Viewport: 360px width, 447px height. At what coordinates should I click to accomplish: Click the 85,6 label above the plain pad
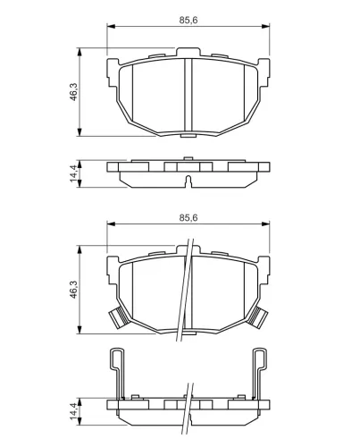click(188, 21)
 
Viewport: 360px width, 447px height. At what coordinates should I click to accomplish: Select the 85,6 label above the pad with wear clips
click(188, 218)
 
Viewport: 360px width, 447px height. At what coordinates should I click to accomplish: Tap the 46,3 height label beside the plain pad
click(73, 92)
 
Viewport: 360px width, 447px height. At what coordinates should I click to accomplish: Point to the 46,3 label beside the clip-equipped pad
click(73, 290)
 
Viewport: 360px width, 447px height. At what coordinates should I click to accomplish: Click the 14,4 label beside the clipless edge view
click(73, 173)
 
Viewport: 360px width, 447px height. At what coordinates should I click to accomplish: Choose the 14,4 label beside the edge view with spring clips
click(73, 411)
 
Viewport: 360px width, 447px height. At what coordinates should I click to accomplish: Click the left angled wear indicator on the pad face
click(119, 317)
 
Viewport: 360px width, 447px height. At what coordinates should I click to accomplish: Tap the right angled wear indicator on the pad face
click(257, 317)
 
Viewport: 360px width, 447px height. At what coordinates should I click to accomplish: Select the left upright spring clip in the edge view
click(118, 373)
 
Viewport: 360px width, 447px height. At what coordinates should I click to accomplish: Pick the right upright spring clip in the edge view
click(259, 373)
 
